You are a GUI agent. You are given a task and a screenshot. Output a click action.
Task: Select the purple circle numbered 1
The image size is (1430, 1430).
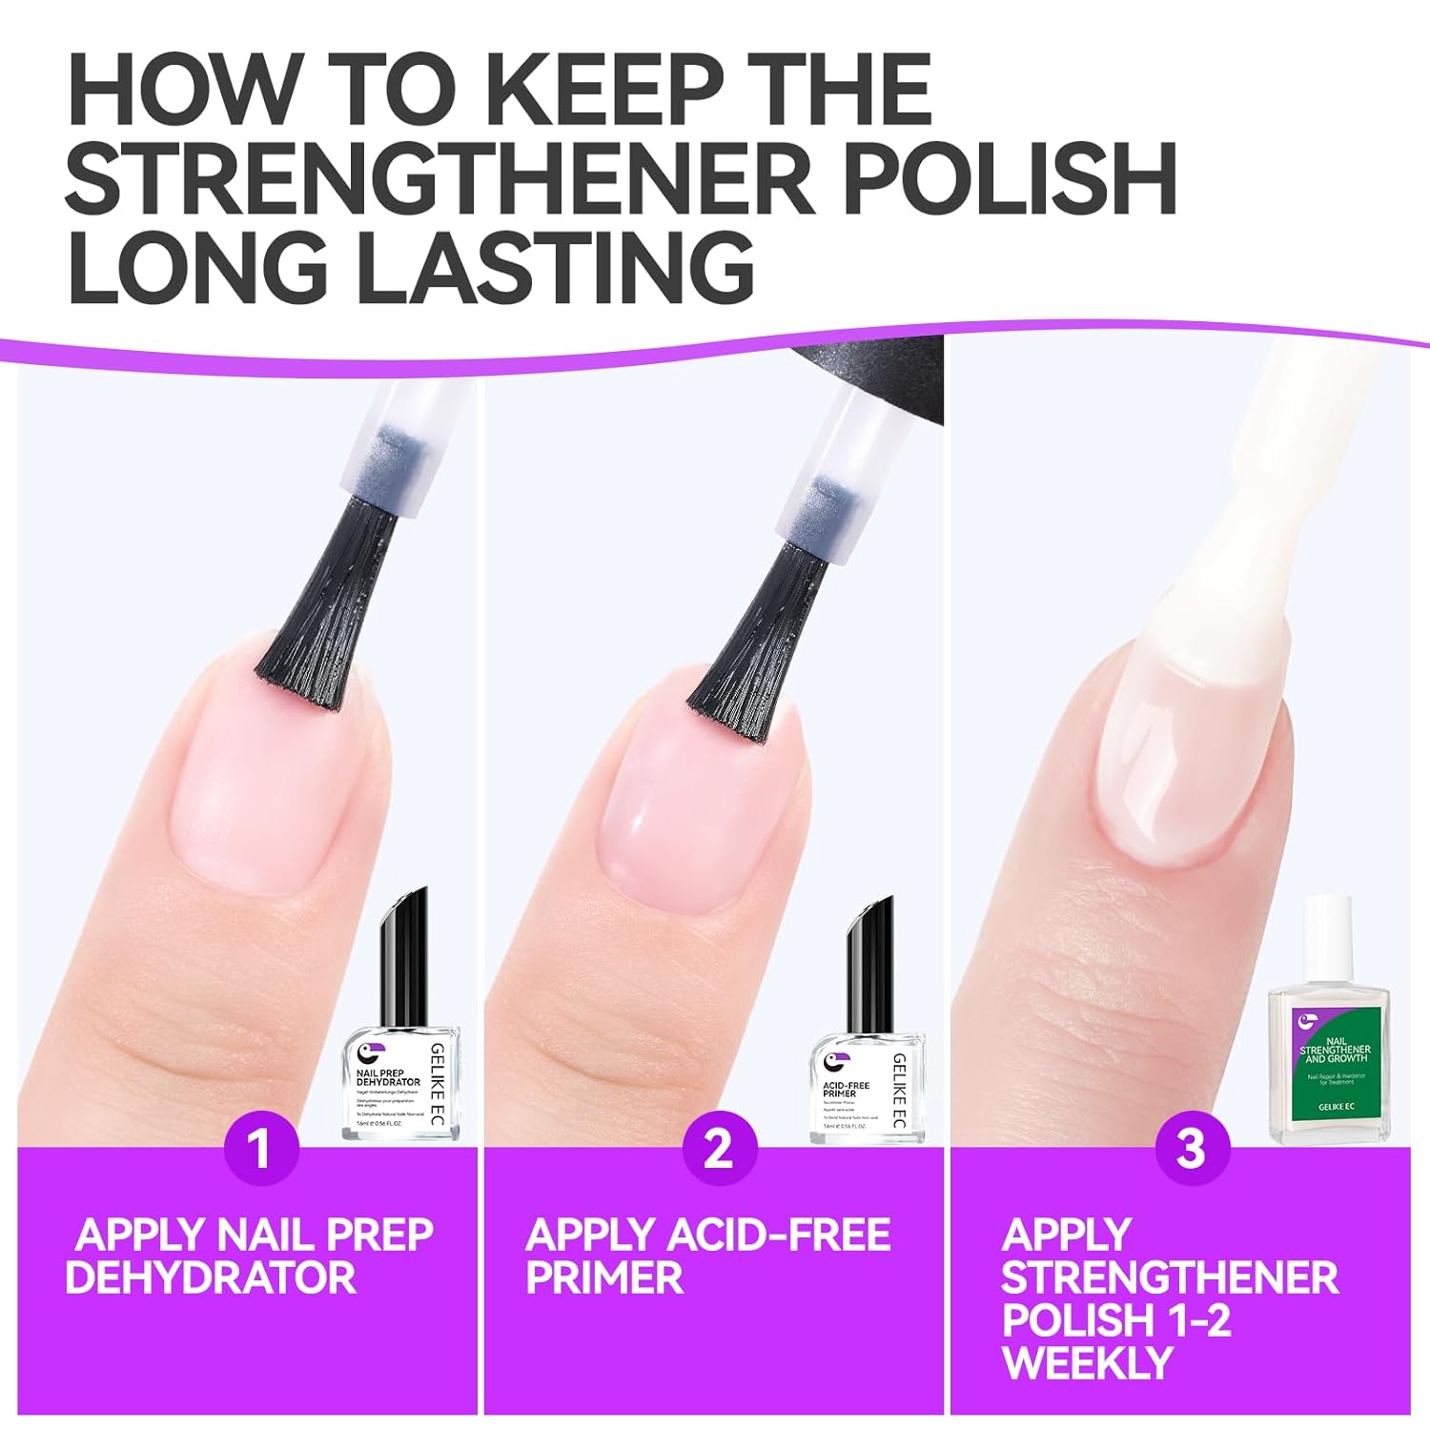point(260,1148)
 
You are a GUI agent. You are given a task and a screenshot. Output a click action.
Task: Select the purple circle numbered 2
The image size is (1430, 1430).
point(719,1148)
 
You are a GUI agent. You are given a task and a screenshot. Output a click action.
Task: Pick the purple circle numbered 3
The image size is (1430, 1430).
point(1191,1148)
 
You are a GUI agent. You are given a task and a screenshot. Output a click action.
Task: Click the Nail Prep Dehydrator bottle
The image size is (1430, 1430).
point(400,1058)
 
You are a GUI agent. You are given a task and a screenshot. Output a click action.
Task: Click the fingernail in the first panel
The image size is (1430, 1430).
point(257,791)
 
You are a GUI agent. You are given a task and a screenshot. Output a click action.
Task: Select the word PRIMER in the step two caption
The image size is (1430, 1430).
point(604,1277)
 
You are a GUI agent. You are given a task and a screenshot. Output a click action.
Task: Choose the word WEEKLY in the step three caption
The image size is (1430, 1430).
point(1087,1362)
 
